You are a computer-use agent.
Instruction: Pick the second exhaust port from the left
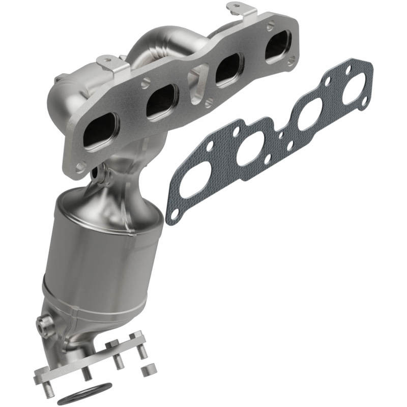[x=161, y=100]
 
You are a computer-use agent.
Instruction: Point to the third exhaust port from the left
[x=228, y=71]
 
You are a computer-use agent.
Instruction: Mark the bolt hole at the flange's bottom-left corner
[x=80, y=166]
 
